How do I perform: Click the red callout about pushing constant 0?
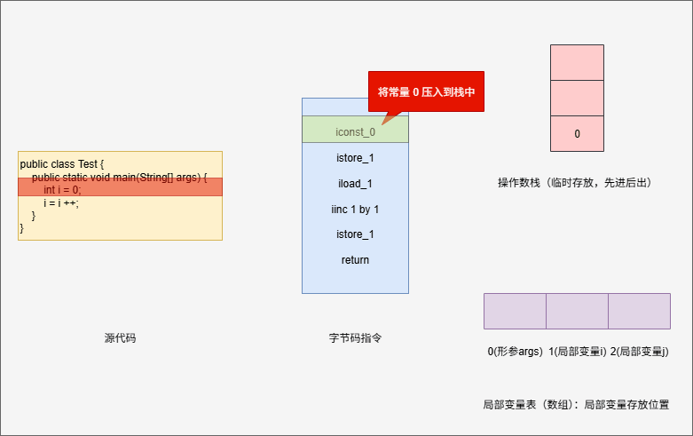coord(426,91)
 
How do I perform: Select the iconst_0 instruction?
coord(355,131)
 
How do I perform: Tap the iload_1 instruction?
coord(355,184)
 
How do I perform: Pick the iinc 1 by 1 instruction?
coord(355,210)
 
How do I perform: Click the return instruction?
coord(355,260)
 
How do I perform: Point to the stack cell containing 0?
coord(577,134)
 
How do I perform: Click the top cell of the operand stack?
coord(577,62)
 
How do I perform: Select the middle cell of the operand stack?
coord(577,98)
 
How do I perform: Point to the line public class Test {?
coord(62,164)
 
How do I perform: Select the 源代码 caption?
coord(120,338)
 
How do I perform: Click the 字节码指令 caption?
coord(355,338)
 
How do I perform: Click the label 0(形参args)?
coord(515,352)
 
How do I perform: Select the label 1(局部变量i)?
coord(577,352)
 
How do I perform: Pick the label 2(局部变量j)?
coord(640,352)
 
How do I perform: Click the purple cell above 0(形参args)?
coord(515,311)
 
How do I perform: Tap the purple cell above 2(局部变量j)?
coord(639,311)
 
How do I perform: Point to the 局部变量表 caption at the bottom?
coord(575,404)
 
